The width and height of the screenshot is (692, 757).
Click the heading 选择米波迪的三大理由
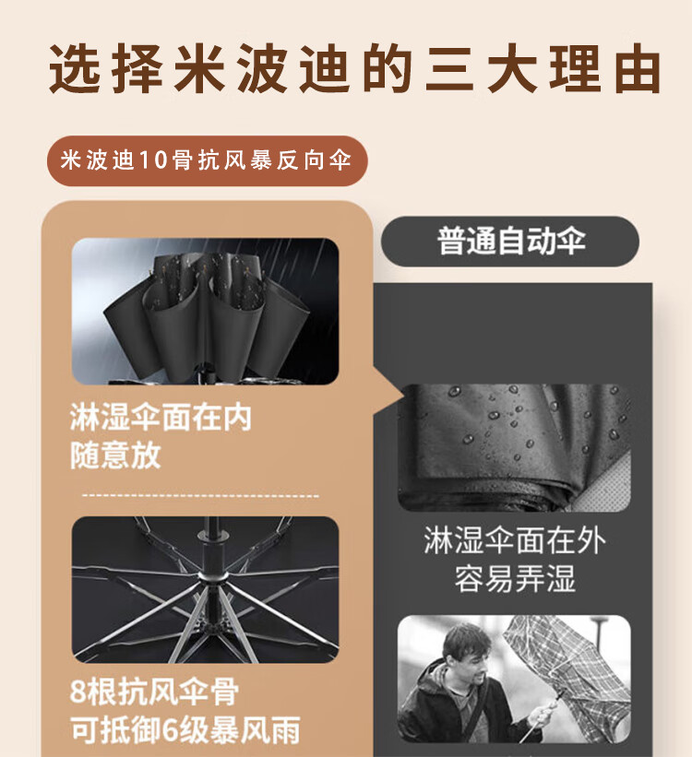pyautogui.click(x=354, y=68)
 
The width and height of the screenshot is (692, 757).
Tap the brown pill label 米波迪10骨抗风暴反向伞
pyautogui.click(x=208, y=160)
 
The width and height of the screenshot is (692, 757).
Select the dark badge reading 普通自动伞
pyautogui.click(x=510, y=241)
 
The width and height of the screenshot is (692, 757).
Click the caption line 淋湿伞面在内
pyautogui.click(x=161, y=417)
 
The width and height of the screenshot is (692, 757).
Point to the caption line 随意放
pyautogui.click(x=115, y=455)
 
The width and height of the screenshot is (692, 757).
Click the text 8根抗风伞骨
pyautogui.click(x=154, y=692)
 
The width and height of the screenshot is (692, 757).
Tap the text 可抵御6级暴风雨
pyautogui.click(x=185, y=729)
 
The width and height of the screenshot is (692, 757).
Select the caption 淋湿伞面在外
pyautogui.click(x=514, y=540)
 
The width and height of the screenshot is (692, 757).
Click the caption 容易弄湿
pyautogui.click(x=515, y=578)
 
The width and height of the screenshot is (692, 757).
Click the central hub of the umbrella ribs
pyautogui.click(x=212, y=577)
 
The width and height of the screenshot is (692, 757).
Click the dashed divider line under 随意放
pyautogui.click(x=200, y=495)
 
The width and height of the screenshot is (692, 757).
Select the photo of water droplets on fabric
pyautogui.click(x=514, y=447)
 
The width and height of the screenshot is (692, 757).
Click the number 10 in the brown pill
pyautogui.click(x=153, y=160)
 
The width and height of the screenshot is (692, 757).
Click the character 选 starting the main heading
pyautogui.click(x=75, y=68)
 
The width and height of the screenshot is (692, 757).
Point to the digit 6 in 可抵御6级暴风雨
pyautogui.click(x=170, y=730)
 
